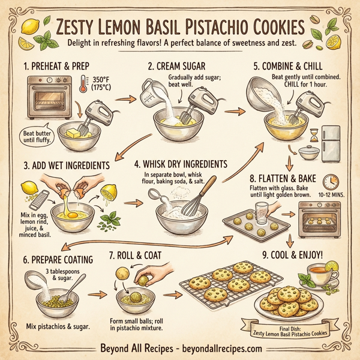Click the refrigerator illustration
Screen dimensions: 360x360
pyautogui.click(x=332, y=142)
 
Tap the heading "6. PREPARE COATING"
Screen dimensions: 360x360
pyautogui.click(x=58, y=260)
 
